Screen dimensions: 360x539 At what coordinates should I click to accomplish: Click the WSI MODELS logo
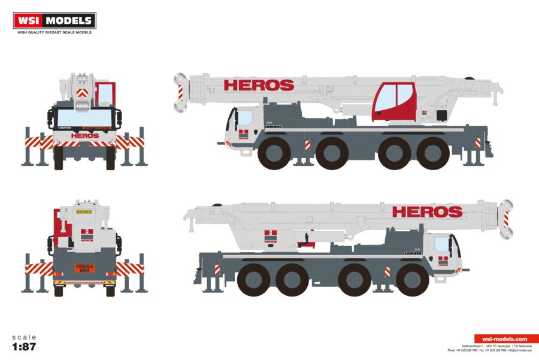click(x=54, y=20)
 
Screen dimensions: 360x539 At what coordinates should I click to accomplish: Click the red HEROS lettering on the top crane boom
click(x=259, y=85)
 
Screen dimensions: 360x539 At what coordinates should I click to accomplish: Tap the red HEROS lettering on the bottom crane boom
click(x=427, y=211)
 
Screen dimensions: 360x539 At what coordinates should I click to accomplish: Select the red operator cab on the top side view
click(x=393, y=100)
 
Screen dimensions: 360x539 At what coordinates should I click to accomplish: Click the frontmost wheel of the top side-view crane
click(x=275, y=154)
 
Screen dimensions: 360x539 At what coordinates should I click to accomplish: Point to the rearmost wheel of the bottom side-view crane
click(x=254, y=280)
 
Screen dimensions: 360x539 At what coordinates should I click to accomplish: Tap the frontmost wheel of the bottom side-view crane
click(x=412, y=280)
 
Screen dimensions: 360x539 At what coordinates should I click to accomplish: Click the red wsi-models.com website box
click(x=506, y=339)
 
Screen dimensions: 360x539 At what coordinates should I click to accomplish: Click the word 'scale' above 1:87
click(x=24, y=337)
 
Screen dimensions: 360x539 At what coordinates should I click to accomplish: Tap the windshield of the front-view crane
click(x=84, y=118)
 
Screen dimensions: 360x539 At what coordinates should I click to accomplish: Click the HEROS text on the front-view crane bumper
click(x=84, y=135)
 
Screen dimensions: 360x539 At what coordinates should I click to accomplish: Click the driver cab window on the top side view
click(x=245, y=117)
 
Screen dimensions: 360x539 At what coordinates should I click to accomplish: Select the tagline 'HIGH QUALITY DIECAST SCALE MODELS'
click(x=54, y=32)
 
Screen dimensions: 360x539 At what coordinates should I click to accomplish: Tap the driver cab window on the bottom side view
click(x=442, y=244)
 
